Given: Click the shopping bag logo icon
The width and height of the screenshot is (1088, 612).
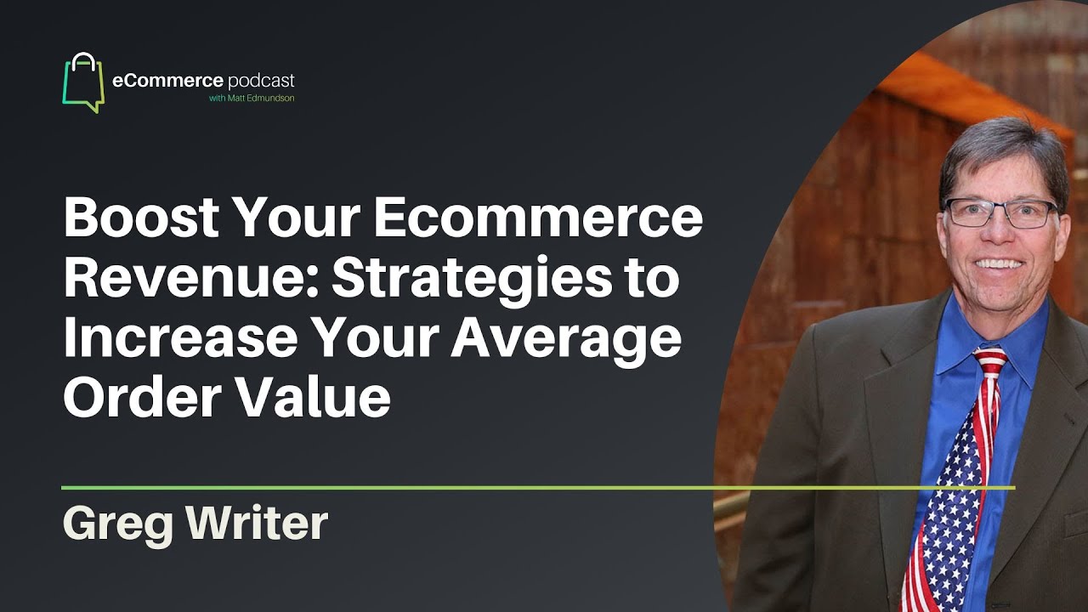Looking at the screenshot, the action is pos(83,82).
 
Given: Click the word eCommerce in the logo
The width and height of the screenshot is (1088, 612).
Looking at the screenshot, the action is pos(167,80).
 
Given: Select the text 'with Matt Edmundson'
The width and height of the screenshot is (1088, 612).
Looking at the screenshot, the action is pos(252,98).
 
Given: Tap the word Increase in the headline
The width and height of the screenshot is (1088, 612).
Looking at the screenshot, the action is pos(180,338).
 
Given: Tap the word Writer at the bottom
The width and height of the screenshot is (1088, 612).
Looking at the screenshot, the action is pos(258,523).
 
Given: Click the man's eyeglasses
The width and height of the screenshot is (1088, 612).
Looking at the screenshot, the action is pos(1001,213).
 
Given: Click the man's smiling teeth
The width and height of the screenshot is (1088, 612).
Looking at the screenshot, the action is pos(1000,264).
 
